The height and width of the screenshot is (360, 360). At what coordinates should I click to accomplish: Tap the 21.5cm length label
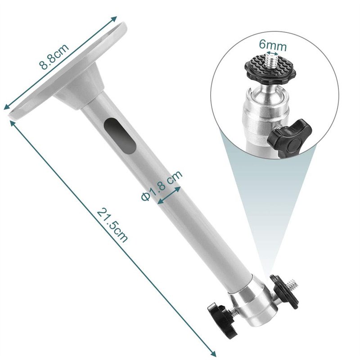pos(112,225)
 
